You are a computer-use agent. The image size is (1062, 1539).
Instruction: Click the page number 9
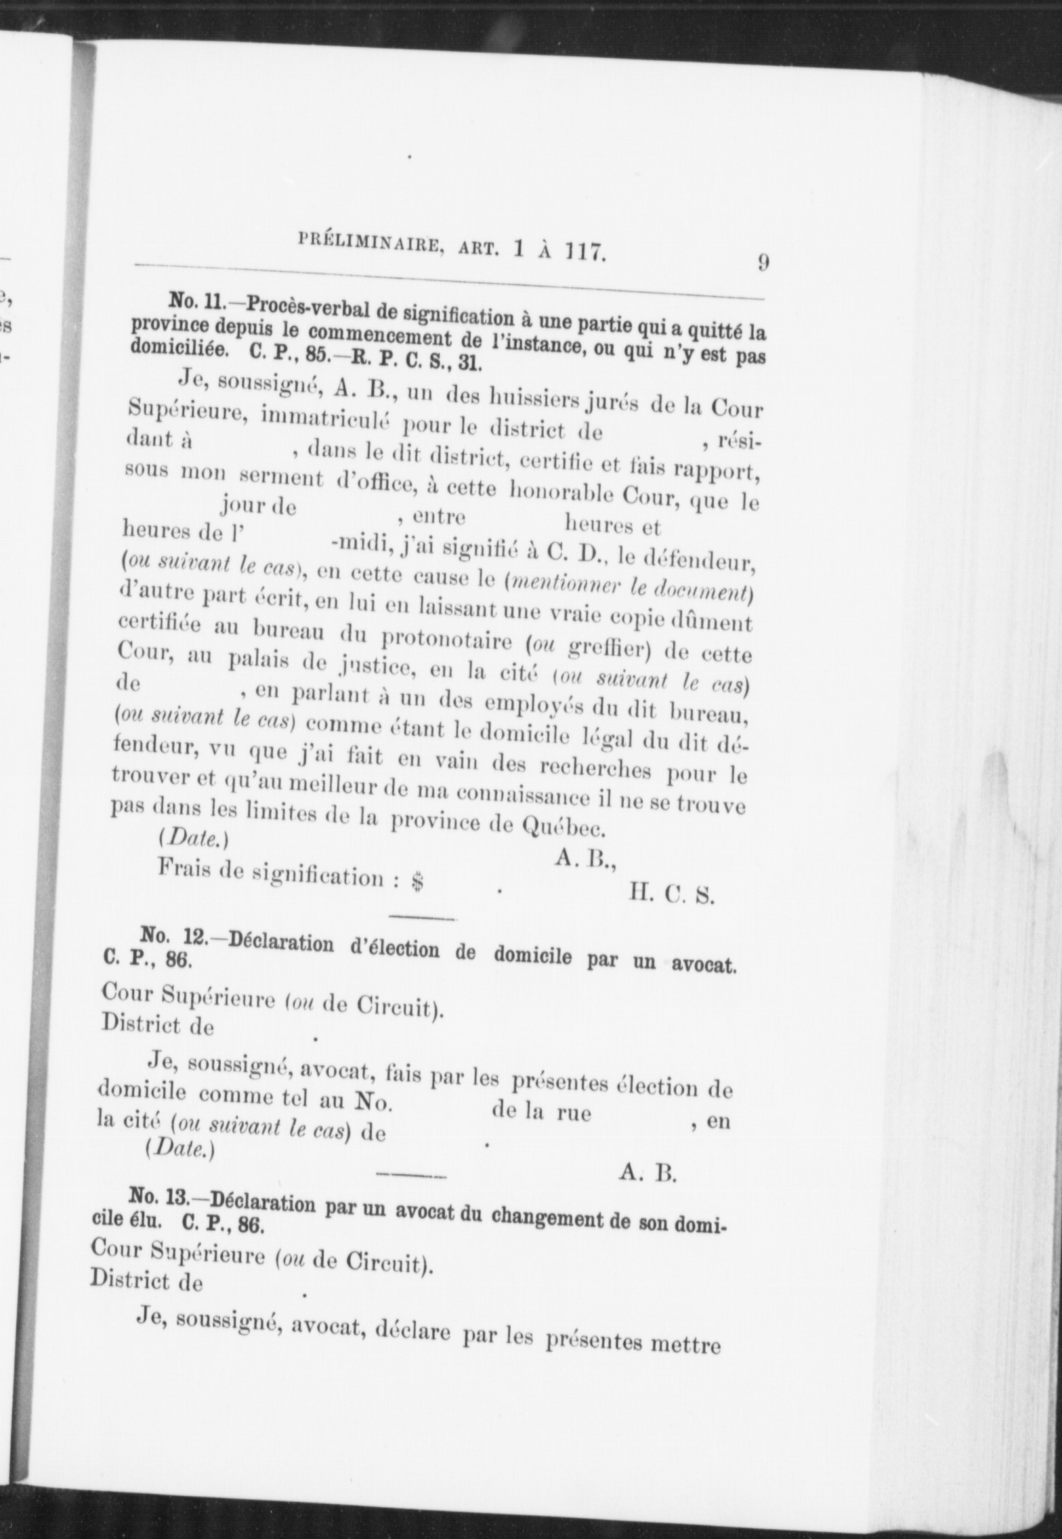coord(762,262)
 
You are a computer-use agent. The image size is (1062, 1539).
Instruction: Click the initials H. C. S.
coord(671,895)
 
